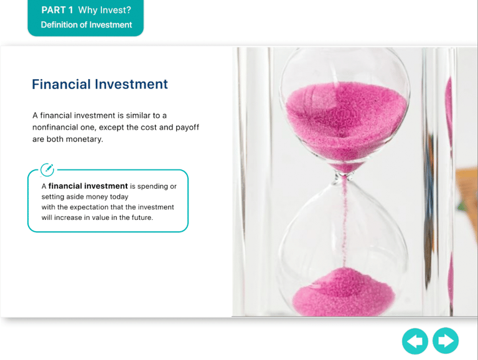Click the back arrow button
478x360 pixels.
click(415, 341)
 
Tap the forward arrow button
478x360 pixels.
click(446, 341)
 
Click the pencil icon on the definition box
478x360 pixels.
click(47, 169)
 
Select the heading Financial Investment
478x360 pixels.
click(100, 84)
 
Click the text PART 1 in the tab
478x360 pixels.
click(57, 10)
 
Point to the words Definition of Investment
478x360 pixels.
click(87, 25)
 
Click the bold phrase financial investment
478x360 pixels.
click(88, 186)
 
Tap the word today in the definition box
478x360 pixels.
click(119, 197)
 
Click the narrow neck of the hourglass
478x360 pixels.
click(345, 176)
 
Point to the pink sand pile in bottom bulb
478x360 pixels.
click(344, 292)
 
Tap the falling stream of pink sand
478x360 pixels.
click(345, 223)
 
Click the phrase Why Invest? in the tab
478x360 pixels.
click(105, 10)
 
